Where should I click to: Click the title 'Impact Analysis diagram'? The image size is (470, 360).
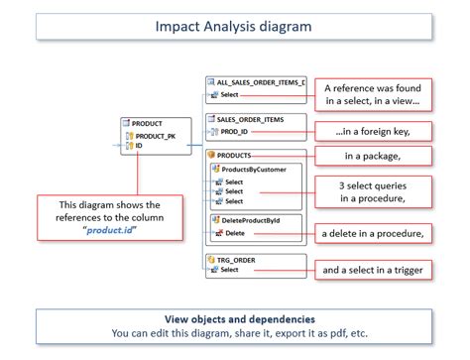[x=234, y=26]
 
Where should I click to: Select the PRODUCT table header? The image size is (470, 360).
[x=147, y=122]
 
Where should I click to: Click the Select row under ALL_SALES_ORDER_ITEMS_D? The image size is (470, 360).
[x=229, y=95]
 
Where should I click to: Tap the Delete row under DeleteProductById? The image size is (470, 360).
[x=235, y=233]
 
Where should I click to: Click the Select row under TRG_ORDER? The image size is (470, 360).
[x=229, y=270]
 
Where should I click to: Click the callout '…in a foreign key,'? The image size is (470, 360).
[x=373, y=131]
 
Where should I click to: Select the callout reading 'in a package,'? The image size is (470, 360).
[x=373, y=155]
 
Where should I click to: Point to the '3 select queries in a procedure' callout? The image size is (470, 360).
[x=373, y=191]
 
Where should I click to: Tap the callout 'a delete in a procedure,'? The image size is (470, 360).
[x=373, y=233]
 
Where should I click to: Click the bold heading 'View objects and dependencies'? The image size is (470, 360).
[x=234, y=319]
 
